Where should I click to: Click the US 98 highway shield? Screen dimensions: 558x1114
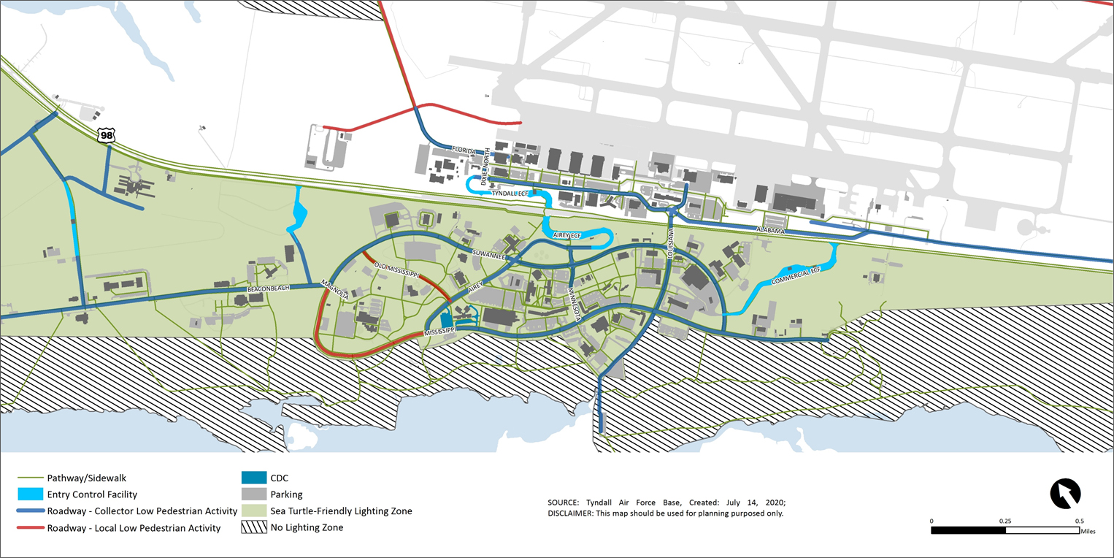(x=107, y=135)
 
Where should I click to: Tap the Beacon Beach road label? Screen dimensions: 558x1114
(x=269, y=288)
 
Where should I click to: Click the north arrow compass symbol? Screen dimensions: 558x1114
(x=1065, y=494)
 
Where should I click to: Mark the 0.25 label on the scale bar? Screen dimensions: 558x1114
(x=1005, y=521)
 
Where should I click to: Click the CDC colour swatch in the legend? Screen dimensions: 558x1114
(x=253, y=478)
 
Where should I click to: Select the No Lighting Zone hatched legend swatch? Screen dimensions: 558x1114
(x=253, y=527)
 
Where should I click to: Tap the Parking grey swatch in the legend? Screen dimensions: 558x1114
(x=253, y=494)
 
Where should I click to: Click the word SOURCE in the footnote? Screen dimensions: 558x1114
(x=564, y=502)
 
